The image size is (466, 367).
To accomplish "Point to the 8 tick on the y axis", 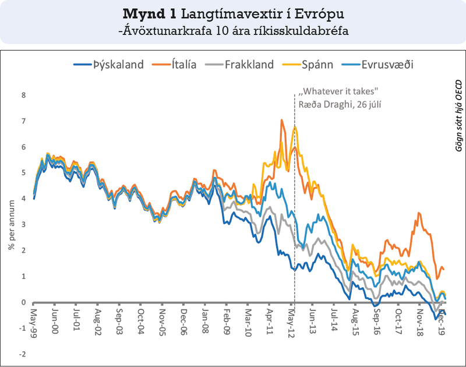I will point(23,96).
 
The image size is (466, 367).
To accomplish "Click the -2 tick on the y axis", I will point(22,354).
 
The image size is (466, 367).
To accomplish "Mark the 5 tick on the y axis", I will point(23,173).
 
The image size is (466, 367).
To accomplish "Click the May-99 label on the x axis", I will point(34,319).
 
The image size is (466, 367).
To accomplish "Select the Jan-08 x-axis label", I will point(205,319).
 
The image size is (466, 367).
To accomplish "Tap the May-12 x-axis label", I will point(290,319).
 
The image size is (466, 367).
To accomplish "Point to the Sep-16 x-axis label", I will point(376,319).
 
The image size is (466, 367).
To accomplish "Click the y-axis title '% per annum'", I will point(11,225).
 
